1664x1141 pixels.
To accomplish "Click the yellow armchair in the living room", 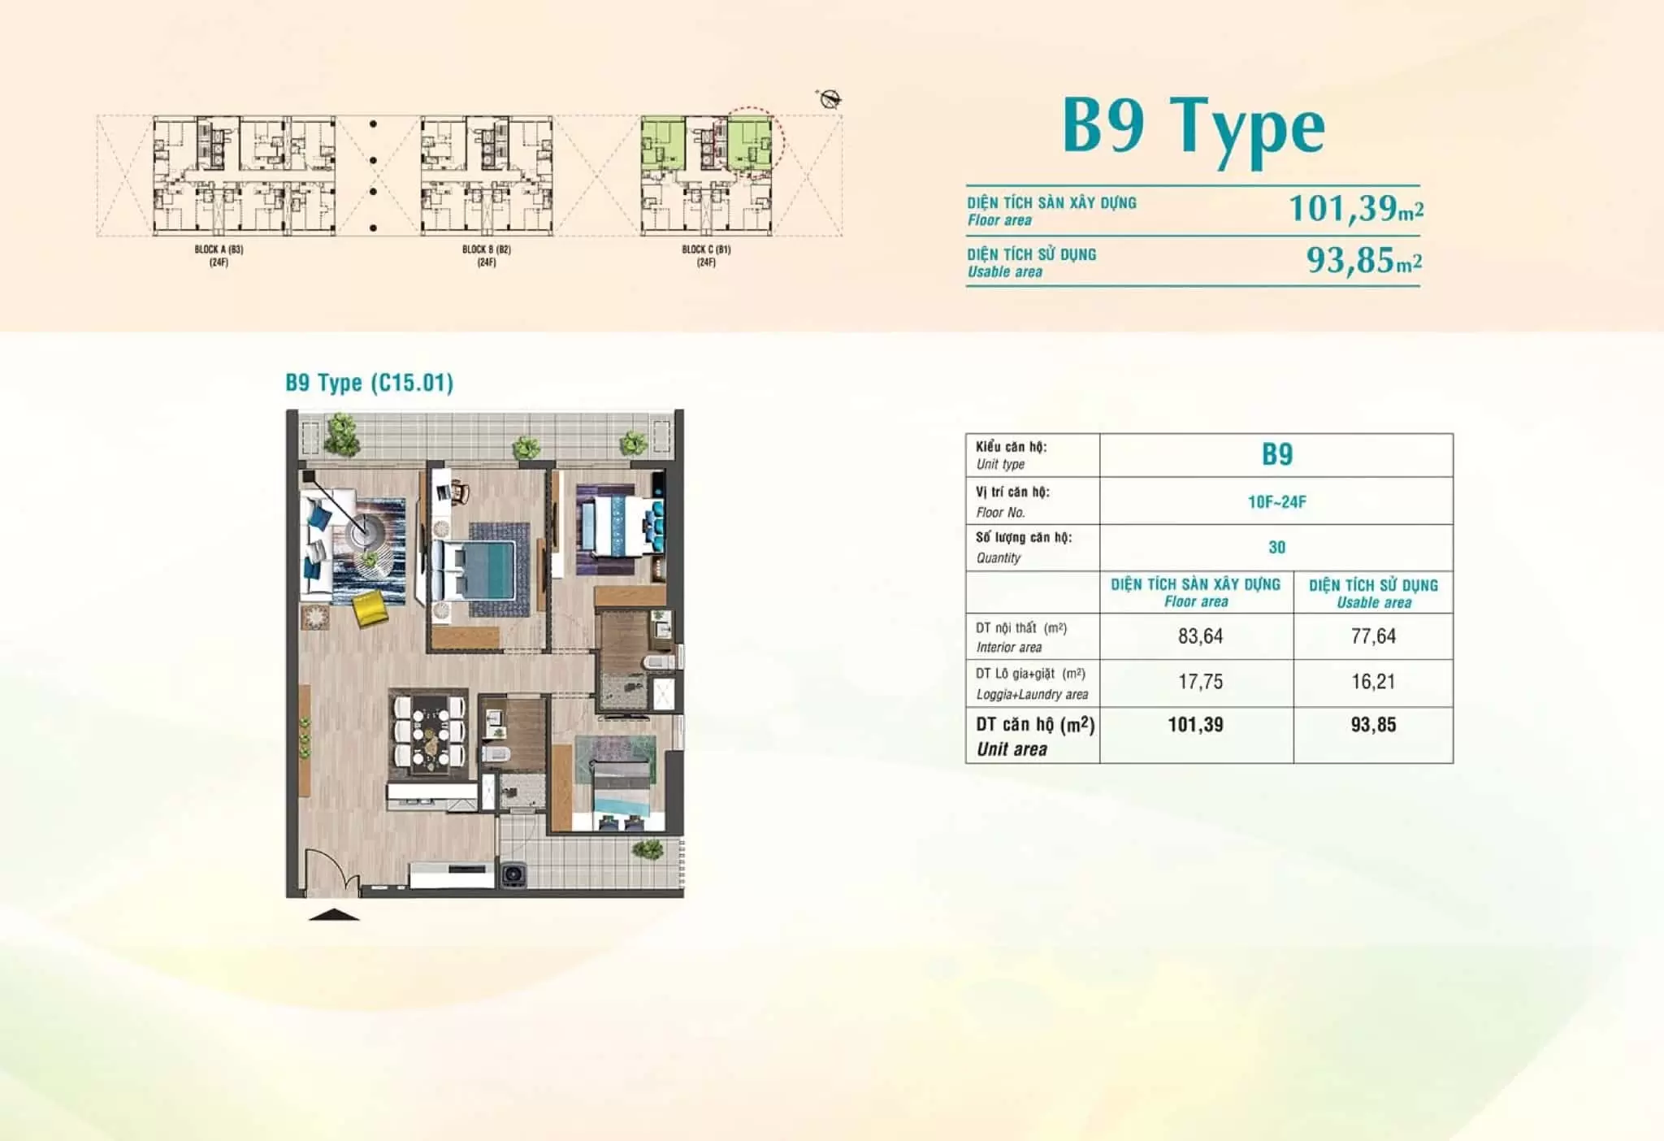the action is point(371,608).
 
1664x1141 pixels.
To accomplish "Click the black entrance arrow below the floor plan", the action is point(333,915).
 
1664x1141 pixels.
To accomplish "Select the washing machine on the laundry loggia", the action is point(512,874).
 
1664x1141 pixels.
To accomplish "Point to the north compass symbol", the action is point(830,100).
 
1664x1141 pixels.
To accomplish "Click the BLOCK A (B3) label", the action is point(219,249).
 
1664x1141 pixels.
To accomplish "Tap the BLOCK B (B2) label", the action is point(487,249).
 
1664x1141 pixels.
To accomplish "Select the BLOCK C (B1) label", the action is point(706,249).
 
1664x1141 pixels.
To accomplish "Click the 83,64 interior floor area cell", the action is point(1200,636).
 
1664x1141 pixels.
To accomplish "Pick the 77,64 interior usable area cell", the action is point(1373,636).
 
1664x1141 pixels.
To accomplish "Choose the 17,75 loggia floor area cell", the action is point(1200,682).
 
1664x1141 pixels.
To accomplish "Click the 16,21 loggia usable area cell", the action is point(1373,682).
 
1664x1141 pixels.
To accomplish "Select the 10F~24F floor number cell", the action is point(1277,502).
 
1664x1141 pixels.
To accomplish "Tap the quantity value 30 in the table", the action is point(1277,548).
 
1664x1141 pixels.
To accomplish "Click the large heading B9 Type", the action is point(1194,130).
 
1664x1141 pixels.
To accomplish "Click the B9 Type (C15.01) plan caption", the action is point(370,383).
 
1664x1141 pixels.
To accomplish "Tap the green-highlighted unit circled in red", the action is point(749,143).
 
